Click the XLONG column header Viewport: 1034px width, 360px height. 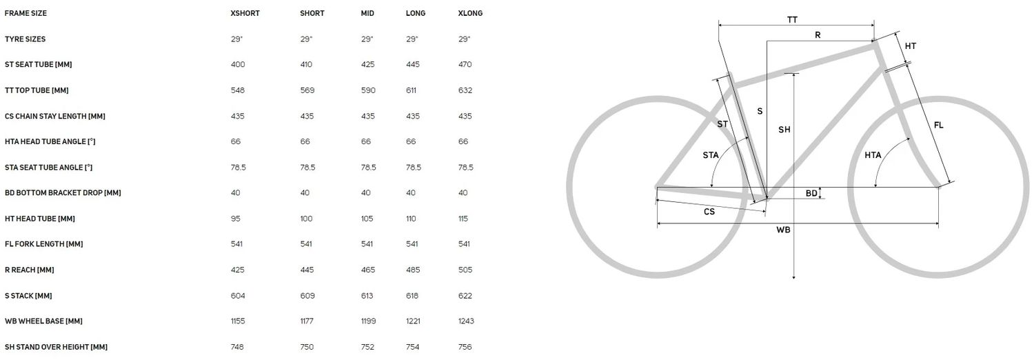pos(470,13)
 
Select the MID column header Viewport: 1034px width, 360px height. pos(367,13)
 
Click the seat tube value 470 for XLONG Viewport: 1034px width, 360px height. pos(465,65)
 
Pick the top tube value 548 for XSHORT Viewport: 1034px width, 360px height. pos(238,90)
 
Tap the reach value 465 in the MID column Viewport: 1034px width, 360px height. pos(368,270)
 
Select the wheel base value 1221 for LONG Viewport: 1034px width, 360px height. pos(413,321)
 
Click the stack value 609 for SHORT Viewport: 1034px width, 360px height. pos(307,296)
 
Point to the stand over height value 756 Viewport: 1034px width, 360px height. pos(465,347)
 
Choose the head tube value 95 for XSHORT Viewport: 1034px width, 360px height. pos(236,219)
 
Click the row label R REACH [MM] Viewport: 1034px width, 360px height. pos(29,270)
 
